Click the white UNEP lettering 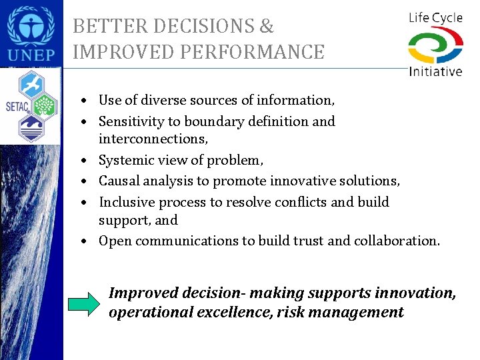31,54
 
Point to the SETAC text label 13,105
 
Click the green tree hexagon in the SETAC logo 44,105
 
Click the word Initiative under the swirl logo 435,71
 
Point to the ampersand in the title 266,27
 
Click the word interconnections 153,139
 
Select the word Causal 118,181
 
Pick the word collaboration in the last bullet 399,241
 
